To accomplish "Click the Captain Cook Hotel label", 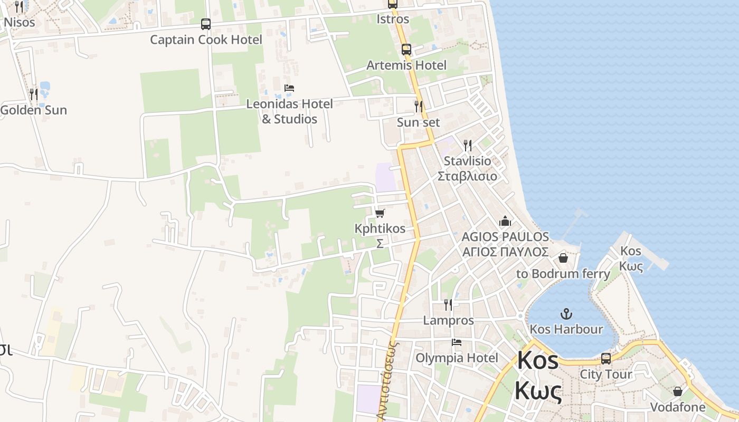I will [206, 40].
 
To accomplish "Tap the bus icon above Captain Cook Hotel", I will [206, 24].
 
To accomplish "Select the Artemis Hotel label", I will [406, 65].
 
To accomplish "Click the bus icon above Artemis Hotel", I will [406, 50].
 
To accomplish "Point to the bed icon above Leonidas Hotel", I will [289, 88].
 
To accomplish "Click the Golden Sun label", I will [34, 110].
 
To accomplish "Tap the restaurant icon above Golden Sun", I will [34, 94].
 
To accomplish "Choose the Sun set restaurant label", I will [418, 122].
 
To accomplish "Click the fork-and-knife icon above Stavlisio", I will [467, 145].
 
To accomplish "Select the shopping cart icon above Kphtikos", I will [380, 213].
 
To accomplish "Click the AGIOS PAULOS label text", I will [505, 237].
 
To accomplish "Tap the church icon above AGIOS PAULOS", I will [505, 221].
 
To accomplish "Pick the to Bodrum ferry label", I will [563, 274].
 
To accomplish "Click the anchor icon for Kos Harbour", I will [566, 314].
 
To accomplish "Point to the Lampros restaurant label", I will [448, 320].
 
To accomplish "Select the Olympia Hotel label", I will [457, 358].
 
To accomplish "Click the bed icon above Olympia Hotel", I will [457, 342].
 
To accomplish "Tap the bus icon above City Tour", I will [606, 359].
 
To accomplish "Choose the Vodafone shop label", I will [677, 407].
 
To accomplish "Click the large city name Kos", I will [538, 361].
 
